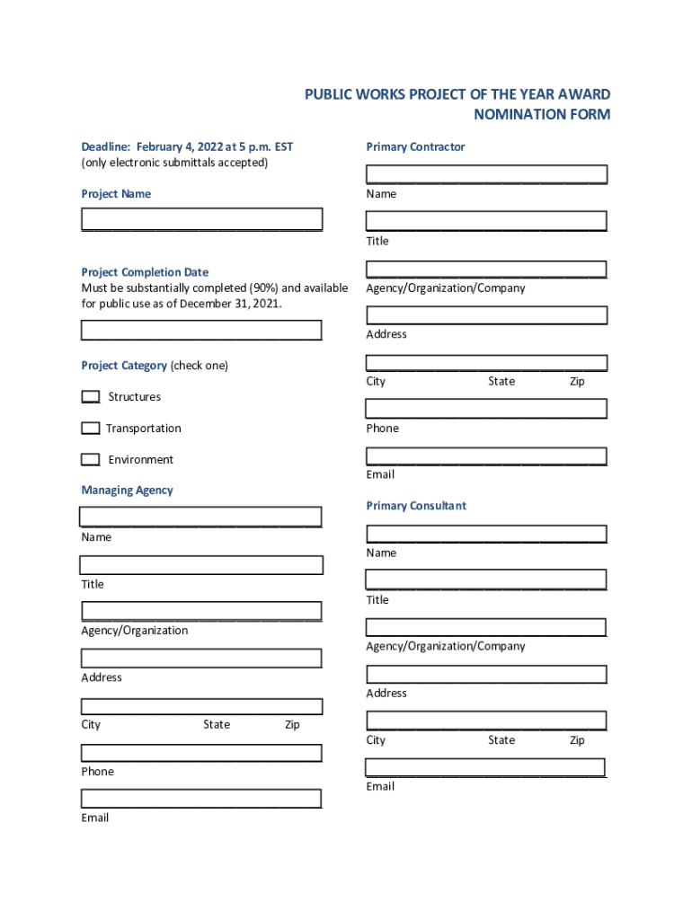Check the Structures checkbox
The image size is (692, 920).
pos(91,397)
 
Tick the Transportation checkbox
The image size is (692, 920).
pos(91,429)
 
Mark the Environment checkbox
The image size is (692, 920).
pos(91,460)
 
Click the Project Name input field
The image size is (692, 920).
pos(201,219)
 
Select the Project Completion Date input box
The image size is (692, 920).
pos(201,331)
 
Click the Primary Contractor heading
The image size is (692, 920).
pos(415,146)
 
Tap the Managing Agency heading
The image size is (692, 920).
pos(127,491)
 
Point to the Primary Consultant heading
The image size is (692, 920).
pos(416,506)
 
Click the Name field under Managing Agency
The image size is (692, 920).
pos(200,517)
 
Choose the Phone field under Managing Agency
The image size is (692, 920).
pos(201,753)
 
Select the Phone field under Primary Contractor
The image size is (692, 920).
pos(486,409)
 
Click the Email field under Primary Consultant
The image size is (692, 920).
pos(485,768)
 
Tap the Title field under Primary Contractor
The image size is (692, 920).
pos(486,221)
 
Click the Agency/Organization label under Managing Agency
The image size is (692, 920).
pos(135,631)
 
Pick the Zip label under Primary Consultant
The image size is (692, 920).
pos(577,740)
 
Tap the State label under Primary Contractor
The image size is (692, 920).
pos(501,382)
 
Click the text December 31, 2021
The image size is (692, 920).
pos(230,304)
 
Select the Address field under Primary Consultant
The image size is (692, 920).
pos(486,674)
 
